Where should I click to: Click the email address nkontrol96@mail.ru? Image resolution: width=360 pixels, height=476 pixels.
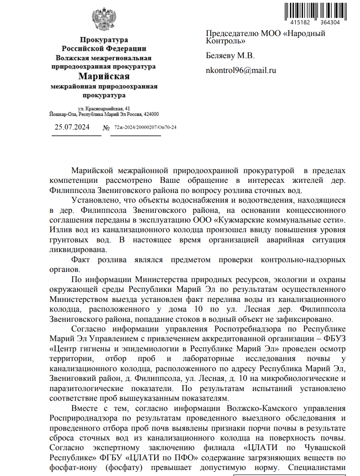pyautogui.click(x=240, y=71)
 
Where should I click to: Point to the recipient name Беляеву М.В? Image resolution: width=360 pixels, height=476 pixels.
pyautogui.click(x=230, y=56)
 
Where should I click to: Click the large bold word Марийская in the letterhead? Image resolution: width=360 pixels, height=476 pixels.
pyautogui.click(x=104, y=76)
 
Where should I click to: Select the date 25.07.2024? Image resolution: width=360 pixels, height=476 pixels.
pyautogui.click(x=72, y=127)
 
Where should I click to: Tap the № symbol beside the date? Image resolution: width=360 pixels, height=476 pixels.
pyautogui.click(x=106, y=127)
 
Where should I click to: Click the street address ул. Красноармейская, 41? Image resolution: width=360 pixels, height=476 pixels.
pyautogui.click(x=104, y=108)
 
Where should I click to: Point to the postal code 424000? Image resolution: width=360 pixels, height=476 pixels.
pyautogui.click(x=151, y=114)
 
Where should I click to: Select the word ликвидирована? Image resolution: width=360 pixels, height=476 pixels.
pyautogui.click(x=77, y=250)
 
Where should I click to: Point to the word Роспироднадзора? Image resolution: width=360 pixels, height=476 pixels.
pyautogui.click(x=77, y=418)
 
